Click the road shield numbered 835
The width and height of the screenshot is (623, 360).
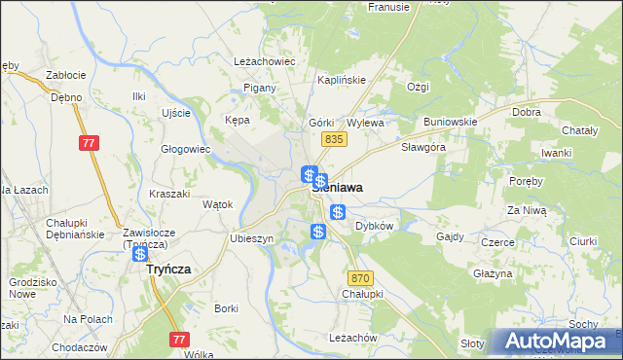click(335, 140)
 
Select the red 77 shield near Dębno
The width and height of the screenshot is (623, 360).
click(89, 143)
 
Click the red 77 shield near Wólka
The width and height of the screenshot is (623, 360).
click(178, 340)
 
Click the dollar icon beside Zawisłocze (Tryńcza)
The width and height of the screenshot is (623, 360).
click(140, 254)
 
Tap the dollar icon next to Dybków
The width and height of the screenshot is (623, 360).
click(338, 212)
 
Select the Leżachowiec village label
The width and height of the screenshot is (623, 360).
click(264, 60)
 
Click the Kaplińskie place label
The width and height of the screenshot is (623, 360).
click(341, 82)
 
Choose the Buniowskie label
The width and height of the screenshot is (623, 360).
click(449, 123)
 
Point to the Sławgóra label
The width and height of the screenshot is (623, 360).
click(423, 147)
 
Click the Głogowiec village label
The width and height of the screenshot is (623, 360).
click(186, 149)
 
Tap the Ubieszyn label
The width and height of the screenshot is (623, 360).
click(251, 238)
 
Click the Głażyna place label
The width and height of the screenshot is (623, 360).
click(493, 273)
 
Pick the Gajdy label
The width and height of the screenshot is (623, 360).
click(450, 236)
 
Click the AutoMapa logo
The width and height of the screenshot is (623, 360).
click(558, 342)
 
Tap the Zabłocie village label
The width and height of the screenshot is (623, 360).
click(66, 75)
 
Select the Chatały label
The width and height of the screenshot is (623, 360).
click(581, 130)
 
